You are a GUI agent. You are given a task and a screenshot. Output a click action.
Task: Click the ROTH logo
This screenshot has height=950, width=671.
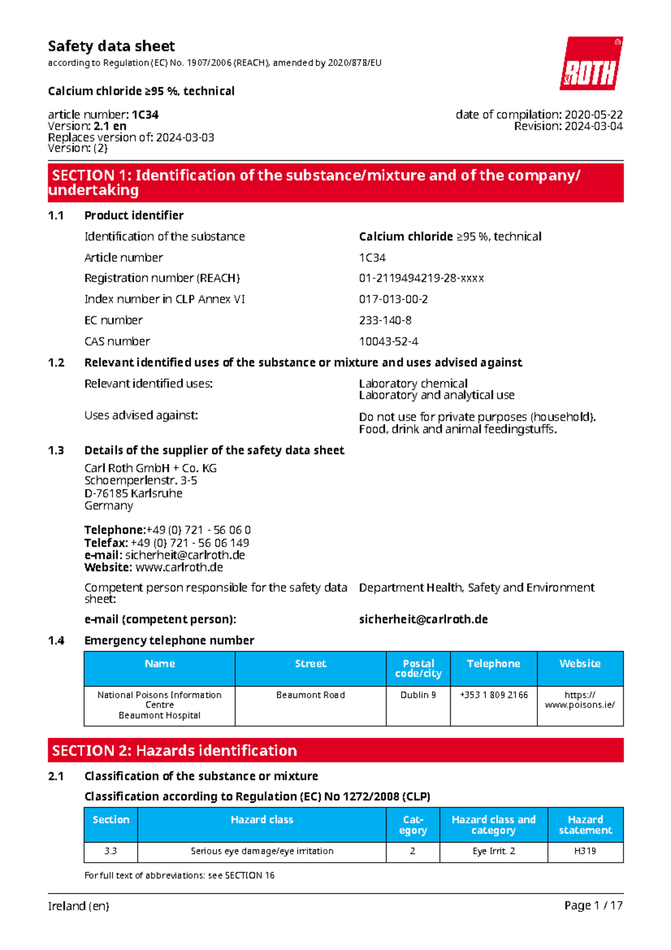pos(591,64)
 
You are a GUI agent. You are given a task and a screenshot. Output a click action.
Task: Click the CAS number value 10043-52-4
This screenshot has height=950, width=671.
pos(389,341)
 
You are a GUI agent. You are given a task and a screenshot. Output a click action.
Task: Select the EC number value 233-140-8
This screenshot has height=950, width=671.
pos(385,320)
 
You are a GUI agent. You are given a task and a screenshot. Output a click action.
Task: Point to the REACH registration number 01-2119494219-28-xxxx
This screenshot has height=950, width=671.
pos(421,278)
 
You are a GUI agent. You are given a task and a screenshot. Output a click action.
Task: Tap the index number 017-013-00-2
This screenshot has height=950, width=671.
pos(393,299)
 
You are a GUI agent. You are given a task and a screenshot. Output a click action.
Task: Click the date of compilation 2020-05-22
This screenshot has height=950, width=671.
pos(593,115)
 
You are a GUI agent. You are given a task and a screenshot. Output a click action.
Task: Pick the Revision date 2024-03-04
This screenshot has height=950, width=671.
pos(593,126)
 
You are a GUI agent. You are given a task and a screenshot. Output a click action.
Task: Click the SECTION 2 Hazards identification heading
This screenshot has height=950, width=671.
pos(174,750)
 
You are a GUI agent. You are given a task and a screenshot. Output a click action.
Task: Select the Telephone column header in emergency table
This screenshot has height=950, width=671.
pos(493,664)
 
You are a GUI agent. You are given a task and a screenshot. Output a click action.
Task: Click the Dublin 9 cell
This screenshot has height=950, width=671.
pos(418,695)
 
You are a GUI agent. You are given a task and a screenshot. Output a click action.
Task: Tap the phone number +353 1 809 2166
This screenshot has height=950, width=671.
pos(493,695)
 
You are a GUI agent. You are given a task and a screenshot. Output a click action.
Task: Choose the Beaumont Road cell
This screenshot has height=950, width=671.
pos(310,695)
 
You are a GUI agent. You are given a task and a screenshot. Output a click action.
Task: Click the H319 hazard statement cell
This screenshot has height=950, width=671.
pos(585,851)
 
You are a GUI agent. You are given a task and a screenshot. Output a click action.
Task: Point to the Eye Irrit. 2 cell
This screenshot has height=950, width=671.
pos(493,851)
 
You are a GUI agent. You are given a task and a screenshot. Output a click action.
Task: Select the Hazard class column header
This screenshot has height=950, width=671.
pos(262,820)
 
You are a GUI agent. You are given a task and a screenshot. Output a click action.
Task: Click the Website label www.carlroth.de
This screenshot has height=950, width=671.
pos(179,567)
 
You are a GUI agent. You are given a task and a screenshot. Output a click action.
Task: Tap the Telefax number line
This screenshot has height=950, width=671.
pos(167,543)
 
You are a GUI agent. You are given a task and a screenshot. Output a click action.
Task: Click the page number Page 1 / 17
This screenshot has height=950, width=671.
pos(593,905)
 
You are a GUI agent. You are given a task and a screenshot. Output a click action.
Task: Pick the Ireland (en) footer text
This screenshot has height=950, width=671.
pos(78,906)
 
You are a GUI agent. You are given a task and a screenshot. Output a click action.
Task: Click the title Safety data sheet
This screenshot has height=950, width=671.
pos(111,46)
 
